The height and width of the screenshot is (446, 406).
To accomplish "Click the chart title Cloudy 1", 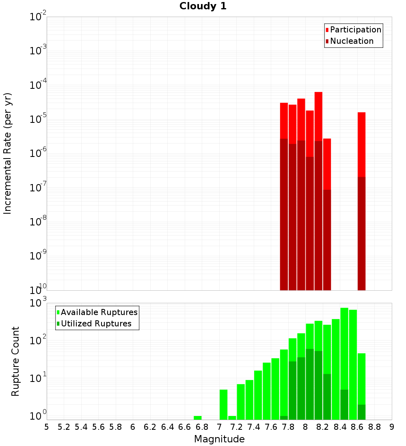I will (203, 6).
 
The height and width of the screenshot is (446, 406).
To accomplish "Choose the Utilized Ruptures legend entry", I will (96, 324).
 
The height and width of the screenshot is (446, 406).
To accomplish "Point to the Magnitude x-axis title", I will (219, 439).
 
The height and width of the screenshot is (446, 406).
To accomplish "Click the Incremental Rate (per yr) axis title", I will (8, 153).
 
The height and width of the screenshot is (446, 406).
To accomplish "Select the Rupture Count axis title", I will (15, 361).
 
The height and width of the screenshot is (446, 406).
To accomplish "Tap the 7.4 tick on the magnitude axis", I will (254, 427).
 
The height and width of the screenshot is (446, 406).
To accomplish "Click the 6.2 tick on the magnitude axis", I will (150, 427).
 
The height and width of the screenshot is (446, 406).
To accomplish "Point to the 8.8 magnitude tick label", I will (374, 427).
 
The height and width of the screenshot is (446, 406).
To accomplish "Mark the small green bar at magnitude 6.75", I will (197, 418).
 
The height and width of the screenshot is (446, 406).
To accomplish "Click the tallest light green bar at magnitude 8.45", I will (344, 345).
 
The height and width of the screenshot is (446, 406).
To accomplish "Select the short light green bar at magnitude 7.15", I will (232, 418).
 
